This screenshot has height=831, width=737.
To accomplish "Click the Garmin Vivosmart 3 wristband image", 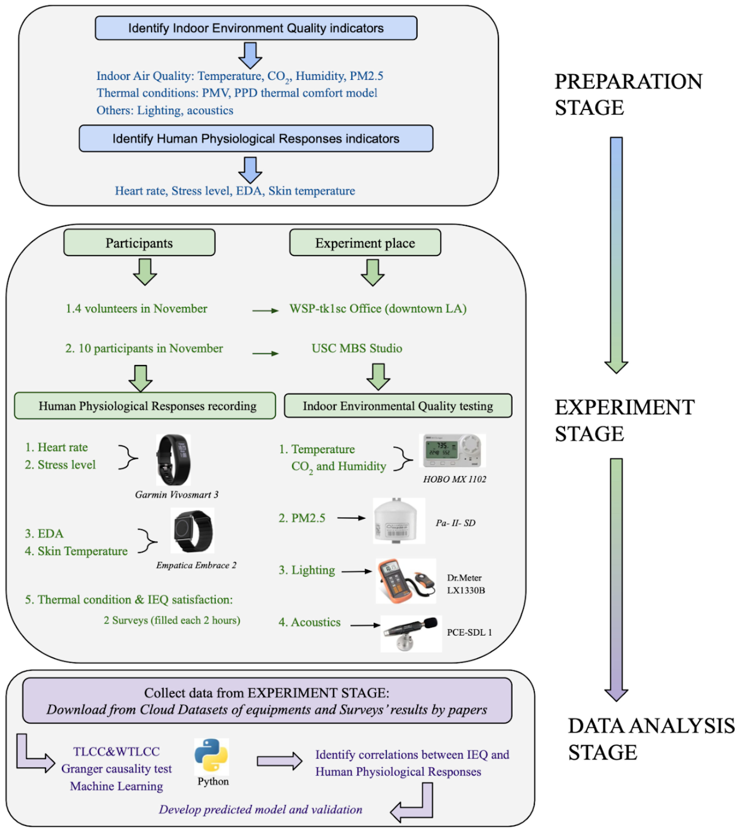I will [173, 460].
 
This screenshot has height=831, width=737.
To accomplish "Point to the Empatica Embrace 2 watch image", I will [192, 531].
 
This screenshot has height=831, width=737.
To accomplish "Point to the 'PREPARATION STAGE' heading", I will [628, 94].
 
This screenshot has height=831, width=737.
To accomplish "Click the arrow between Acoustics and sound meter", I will [365, 625].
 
